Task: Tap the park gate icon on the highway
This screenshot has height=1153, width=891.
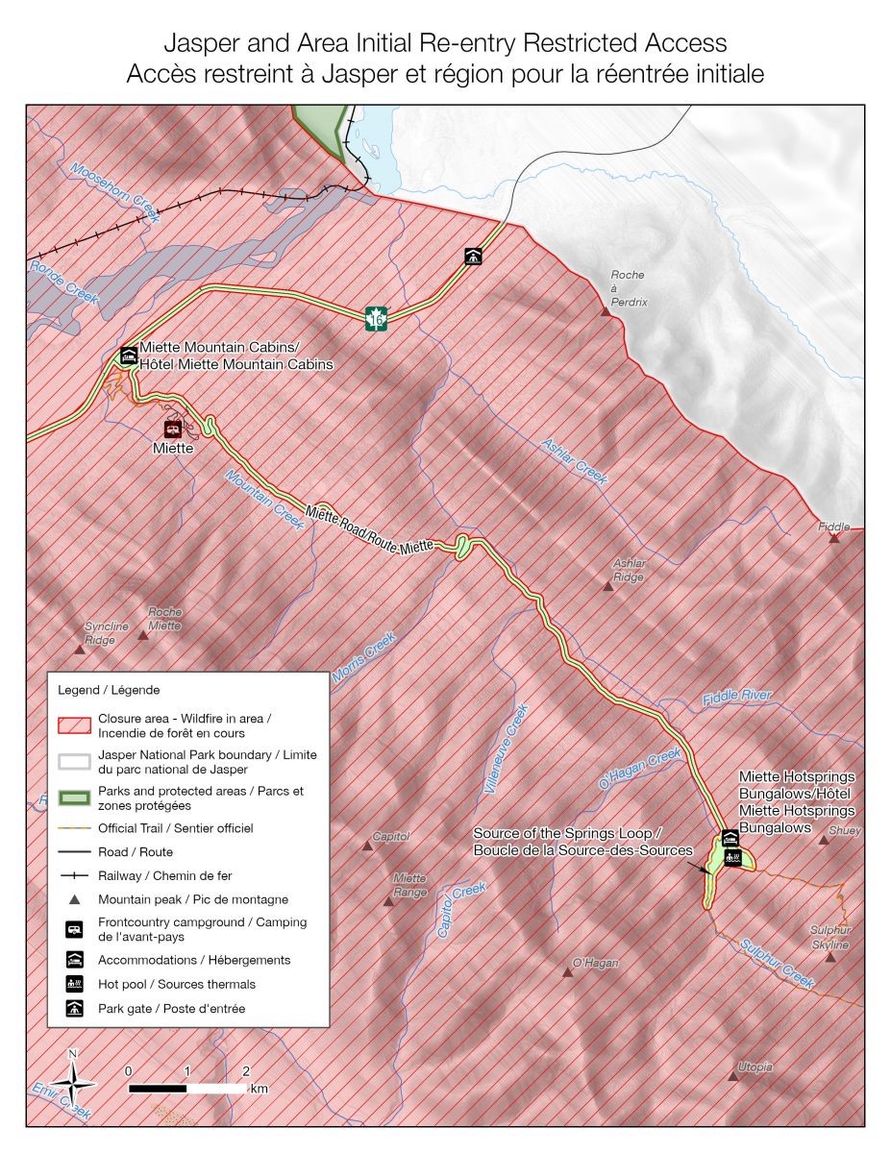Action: click(473, 256)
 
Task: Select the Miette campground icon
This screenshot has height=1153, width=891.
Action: click(173, 429)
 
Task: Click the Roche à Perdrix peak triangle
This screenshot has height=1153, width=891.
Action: click(606, 312)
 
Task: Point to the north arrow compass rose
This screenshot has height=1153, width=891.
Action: click(73, 1084)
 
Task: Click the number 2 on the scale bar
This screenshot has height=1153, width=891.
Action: click(246, 1070)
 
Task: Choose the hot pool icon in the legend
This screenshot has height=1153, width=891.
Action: click(73, 984)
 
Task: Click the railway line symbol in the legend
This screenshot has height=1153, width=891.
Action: click(74, 875)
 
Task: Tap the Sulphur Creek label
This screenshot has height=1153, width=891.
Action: click(778, 963)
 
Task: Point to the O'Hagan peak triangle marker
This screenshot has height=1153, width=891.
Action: click(567, 973)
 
